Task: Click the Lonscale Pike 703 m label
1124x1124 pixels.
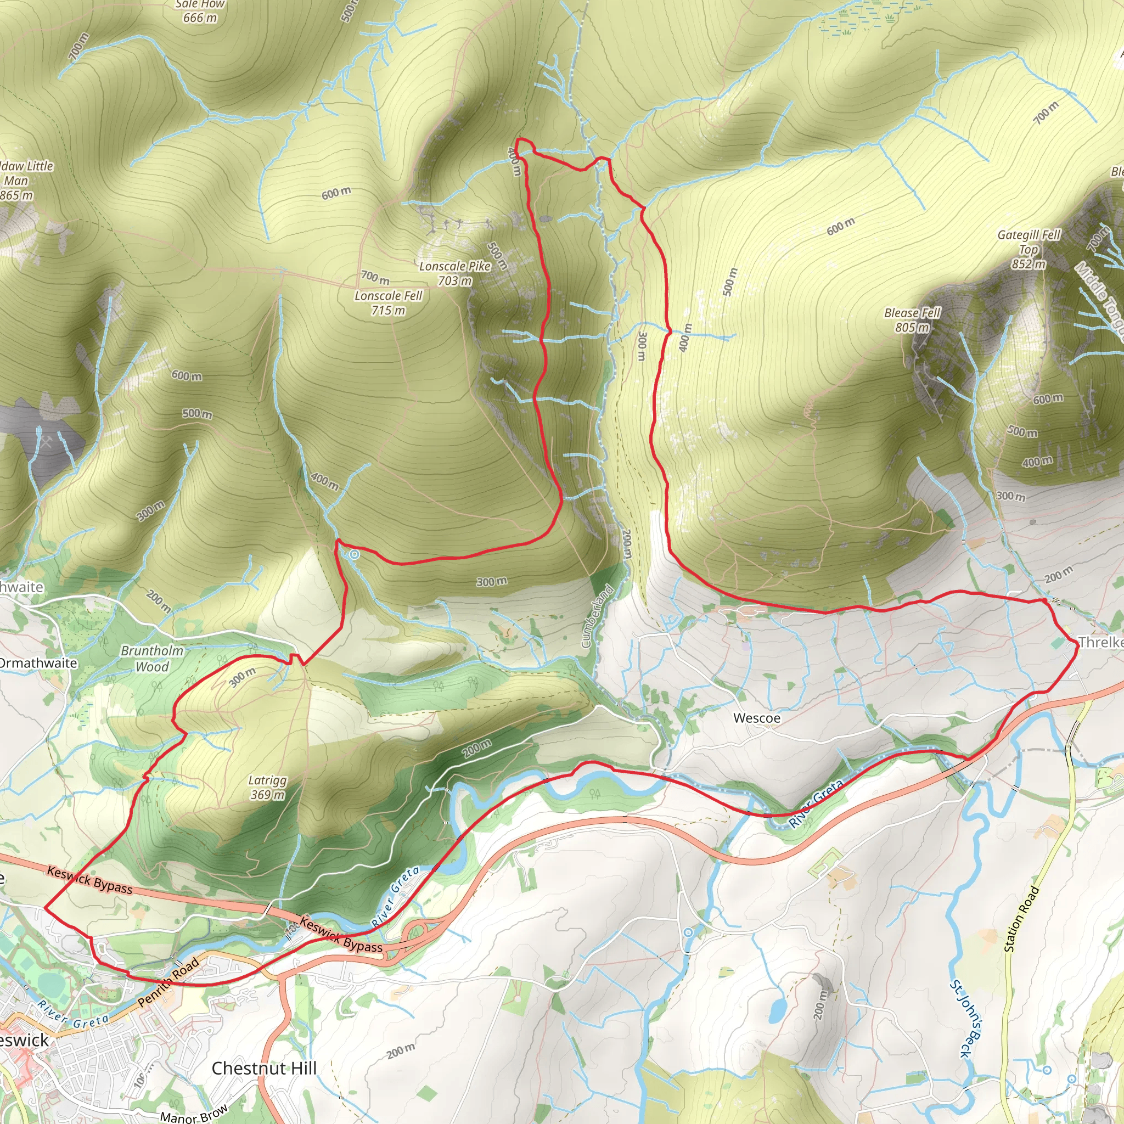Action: (x=455, y=273)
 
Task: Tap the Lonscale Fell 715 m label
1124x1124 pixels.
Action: (x=389, y=303)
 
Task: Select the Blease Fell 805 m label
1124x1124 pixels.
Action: (x=912, y=320)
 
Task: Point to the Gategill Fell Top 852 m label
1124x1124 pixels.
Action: (x=1029, y=249)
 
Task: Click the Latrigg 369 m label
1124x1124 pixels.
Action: (x=268, y=788)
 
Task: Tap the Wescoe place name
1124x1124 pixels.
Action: (x=756, y=718)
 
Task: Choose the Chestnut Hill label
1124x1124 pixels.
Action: (x=264, y=1068)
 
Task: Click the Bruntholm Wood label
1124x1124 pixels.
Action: (x=152, y=659)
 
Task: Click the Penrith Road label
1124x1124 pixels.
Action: (x=168, y=982)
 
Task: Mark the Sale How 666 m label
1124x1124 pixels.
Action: (x=200, y=10)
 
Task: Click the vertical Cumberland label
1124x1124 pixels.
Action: (x=598, y=617)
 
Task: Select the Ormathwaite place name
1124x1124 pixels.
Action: (x=37, y=663)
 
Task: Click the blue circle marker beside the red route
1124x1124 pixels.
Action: (x=354, y=555)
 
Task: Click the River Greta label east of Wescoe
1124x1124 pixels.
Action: (x=816, y=803)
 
